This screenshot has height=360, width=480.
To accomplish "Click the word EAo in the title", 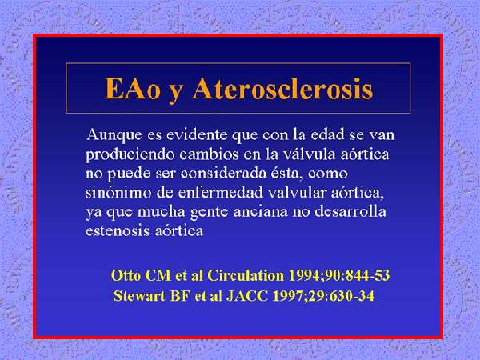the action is coord(132,89).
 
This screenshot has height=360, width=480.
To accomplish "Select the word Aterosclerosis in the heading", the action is coord(282,89).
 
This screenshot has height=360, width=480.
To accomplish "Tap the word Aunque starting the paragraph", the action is coord(114,135).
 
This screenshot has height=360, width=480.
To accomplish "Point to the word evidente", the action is coord(197,134).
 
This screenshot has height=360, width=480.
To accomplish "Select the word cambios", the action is coord(209,154).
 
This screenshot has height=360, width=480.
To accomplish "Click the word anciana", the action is coord(261,212).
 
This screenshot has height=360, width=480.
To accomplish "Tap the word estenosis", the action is coord(118,231).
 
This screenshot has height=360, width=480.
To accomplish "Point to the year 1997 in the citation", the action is coord(287,296).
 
